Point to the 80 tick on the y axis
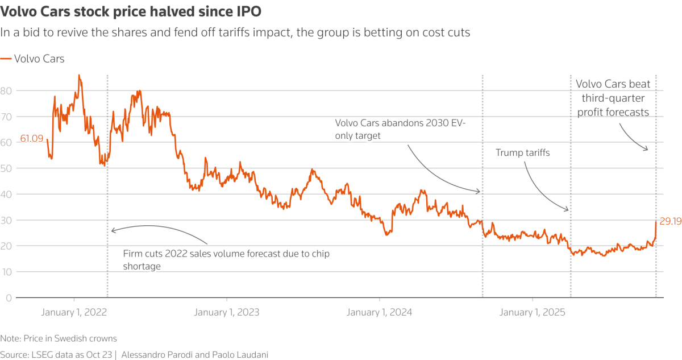[x=6, y=90]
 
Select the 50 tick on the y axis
[x=6, y=168]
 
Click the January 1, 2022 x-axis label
[x=74, y=312]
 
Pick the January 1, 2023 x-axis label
[x=227, y=312]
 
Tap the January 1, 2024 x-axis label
[x=380, y=312]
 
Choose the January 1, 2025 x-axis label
[x=533, y=312]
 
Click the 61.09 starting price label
[x=32, y=138]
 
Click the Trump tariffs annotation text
[x=522, y=153]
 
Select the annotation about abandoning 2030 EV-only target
[x=400, y=129]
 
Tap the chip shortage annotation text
[x=226, y=259]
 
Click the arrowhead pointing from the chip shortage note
[x=113, y=230]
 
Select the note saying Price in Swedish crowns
[x=59, y=338]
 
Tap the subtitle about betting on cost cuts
[x=235, y=32]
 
